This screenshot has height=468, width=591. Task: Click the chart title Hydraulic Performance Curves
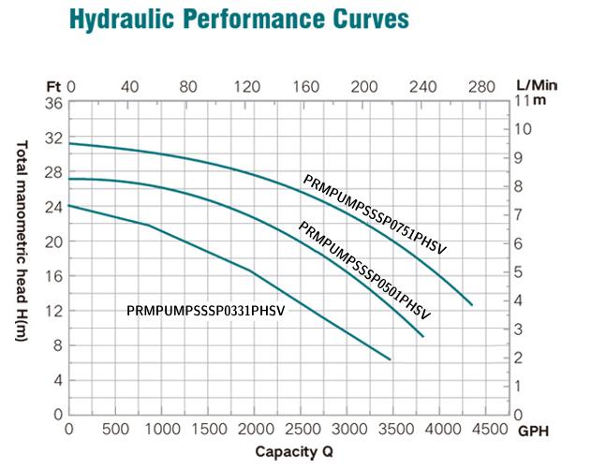pos(239,19)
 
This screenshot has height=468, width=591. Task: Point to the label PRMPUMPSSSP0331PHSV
pos(204,310)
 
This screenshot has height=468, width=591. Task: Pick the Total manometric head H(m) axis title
pos(22,253)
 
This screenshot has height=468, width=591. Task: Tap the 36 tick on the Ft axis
pos(54,103)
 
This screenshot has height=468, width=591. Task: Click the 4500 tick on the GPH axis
pos(486,430)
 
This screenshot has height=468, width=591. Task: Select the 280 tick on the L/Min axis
pos(480,86)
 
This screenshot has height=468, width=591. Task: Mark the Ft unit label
pos(53,86)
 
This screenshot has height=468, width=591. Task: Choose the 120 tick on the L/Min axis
pos(246,86)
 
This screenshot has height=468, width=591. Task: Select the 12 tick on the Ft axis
pos(54,311)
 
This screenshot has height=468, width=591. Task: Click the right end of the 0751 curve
pos(473,305)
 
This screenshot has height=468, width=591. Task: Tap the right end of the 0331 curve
pos(390,359)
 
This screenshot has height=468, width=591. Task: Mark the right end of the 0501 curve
pos(424,336)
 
